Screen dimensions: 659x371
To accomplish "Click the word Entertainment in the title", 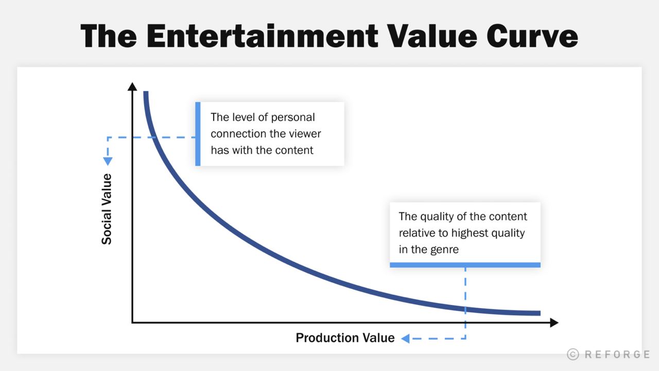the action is (262, 36).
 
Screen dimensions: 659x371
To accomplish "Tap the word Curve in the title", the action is (532, 36).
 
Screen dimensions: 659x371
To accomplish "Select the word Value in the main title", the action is (432, 36).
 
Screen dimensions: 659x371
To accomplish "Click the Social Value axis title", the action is (107, 209).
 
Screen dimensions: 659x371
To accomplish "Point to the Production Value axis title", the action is (345, 338).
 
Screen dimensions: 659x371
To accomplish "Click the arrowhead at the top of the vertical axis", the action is (132, 87).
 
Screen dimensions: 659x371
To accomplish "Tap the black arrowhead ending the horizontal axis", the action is (554, 323).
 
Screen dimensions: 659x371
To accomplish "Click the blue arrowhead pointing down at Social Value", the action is (108, 161).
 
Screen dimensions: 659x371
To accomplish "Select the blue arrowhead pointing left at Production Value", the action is (405, 339).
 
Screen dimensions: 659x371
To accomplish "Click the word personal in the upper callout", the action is (293, 117).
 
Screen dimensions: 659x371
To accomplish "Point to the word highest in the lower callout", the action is (470, 233).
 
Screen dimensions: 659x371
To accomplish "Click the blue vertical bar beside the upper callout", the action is (198, 134).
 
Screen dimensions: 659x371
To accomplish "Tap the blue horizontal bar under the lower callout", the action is (465, 265).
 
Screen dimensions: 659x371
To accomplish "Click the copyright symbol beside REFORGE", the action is (573, 354).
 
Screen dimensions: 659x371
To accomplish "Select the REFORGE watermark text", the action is (617, 354).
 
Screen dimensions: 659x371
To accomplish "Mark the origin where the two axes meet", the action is (132, 323).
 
